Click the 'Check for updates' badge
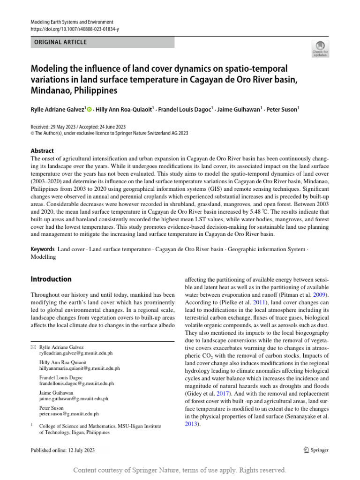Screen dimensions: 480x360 pyautogui.click(x=320, y=47)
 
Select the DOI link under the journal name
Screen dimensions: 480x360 pyautogui.click(x=75, y=29)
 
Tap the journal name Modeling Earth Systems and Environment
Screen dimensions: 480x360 pyautogui.click(x=72, y=22)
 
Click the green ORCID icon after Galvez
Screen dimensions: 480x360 pyautogui.click(x=89, y=110)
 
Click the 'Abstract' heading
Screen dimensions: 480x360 pyautogui.click(x=42, y=151)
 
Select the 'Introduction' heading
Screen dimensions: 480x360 pyautogui.click(x=51, y=279)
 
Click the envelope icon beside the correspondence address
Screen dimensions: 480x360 pyautogui.click(x=33, y=347)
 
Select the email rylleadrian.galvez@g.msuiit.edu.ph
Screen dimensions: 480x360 pyautogui.click(x=76, y=353)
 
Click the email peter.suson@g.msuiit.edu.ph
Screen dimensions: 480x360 pyautogui.click(x=69, y=414)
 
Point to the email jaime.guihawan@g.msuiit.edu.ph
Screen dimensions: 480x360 pyautogui.click(x=74, y=399)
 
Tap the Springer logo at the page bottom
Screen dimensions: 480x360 pyautogui.click(x=315, y=450)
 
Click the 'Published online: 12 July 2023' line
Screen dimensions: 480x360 pyautogui.click(x=63, y=450)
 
